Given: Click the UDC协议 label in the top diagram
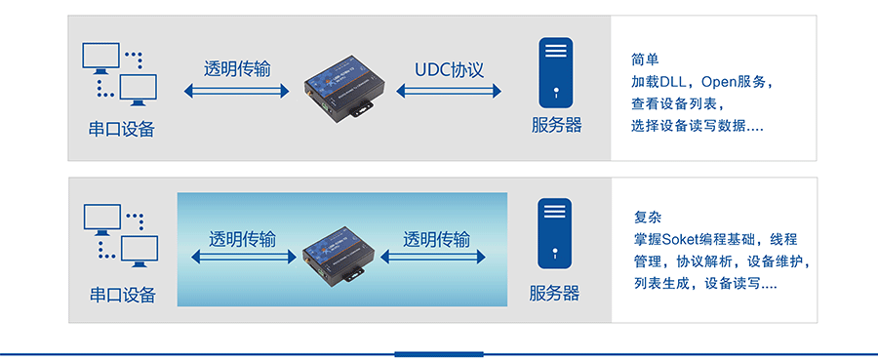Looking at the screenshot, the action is click(x=449, y=70).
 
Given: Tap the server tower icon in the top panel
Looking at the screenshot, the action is click(x=555, y=72).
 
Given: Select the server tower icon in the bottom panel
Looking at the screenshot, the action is click(x=555, y=233).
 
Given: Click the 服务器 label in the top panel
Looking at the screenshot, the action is click(x=557, y=125).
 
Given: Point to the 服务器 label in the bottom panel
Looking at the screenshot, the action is click(x=554, y=293).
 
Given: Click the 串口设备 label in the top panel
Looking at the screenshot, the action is click(x=122, y=130).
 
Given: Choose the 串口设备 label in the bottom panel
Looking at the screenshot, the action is click(x=123, y=295).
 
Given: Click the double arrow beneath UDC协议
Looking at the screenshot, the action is click(x=449, y=90).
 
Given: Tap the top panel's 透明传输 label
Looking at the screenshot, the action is click(x=237, y=69).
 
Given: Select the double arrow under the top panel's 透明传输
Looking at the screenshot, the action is click(x=236, y=90).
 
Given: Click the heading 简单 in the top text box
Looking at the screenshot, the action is click(x=645, y=60).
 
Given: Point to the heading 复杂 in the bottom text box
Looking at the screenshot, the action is click(x=649, y=217).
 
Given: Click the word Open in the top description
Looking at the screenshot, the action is click(x=719, y=82).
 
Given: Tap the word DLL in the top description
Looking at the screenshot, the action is click(x=672, y=82).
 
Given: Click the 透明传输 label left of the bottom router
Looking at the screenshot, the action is click(x=243, y=239).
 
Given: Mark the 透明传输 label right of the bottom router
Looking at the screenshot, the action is click(x=437, y=239).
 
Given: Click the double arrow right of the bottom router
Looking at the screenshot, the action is click(x=433, y=257).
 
